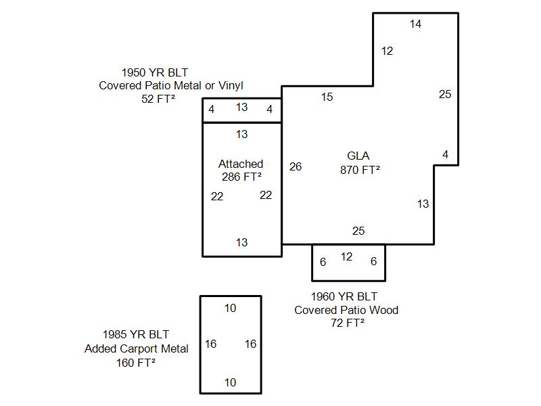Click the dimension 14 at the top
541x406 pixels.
click(x=415, y=24)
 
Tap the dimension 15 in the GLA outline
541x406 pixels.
click(x=327, y=97)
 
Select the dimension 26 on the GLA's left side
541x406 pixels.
click(x=296, y=166)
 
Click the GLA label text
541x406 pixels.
click(x=358, y=156)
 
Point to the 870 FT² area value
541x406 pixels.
click(x=360, y=171)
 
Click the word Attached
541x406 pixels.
click(x=241, y=164)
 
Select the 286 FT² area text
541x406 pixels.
click(x=241, y=177)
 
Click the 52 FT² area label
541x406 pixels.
click(x=158, y=98)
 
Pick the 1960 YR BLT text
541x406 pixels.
click(x=344, y=297)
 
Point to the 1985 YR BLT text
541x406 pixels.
click(x=136, y=334)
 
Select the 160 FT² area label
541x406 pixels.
click(x=136, y=362)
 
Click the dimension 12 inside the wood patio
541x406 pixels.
click(x=346, y=257)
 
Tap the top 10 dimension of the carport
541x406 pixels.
click(x=230, y=309)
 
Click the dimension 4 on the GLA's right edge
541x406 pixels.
click(x=445, y=155)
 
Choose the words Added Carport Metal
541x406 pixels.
click(x=137, y=348)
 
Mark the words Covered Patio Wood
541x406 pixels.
click(x=346, y=310)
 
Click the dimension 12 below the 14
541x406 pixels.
click(x=387, y=51)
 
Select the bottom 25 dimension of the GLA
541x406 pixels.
click(x=358, y=231)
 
